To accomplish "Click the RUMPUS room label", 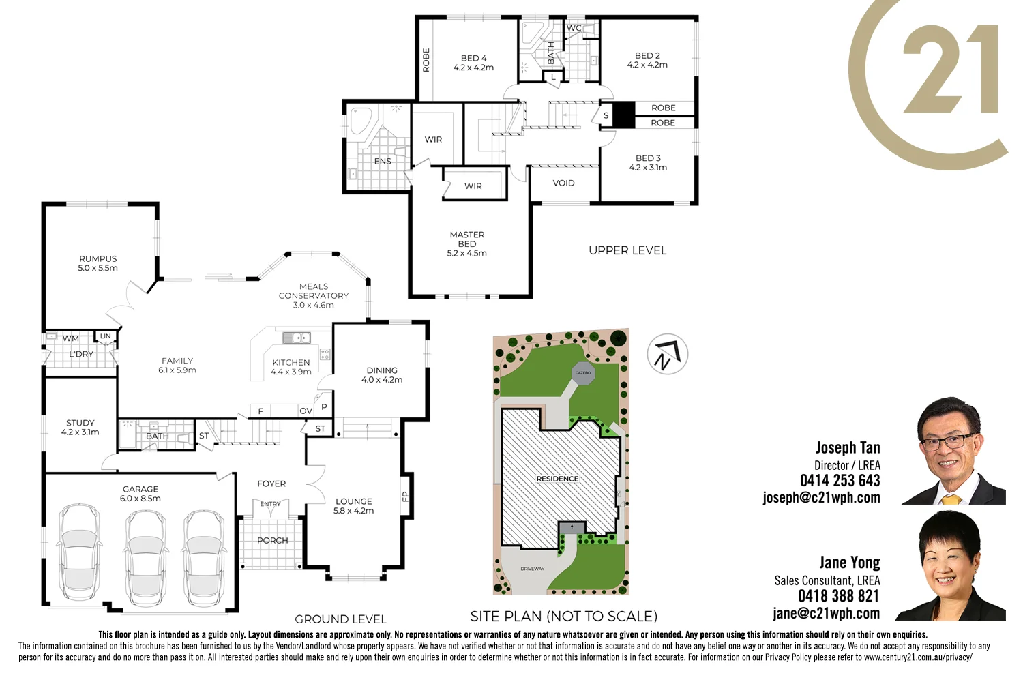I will pos(98,259).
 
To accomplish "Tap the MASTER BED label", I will pos(467,239).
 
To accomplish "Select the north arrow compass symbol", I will pos(667,354).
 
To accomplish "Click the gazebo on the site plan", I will pos(583,373).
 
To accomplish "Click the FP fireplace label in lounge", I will pos(405,496).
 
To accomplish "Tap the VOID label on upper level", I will pos(563,183).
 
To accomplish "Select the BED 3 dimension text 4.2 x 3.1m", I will pos(648,168).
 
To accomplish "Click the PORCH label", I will pos(273,541).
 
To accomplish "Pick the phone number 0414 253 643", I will pos(840,481).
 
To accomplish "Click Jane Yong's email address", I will pos(826,614).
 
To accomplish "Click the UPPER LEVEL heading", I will pos(627,251).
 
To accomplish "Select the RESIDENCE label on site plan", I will pos(557,479).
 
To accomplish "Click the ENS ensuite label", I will pos(383,162).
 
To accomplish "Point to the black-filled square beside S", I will pos(623,115).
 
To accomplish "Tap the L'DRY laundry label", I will pos(81,355).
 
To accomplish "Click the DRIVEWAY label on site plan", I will pos(533,569).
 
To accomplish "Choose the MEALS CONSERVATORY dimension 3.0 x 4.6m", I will pos(314,306).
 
